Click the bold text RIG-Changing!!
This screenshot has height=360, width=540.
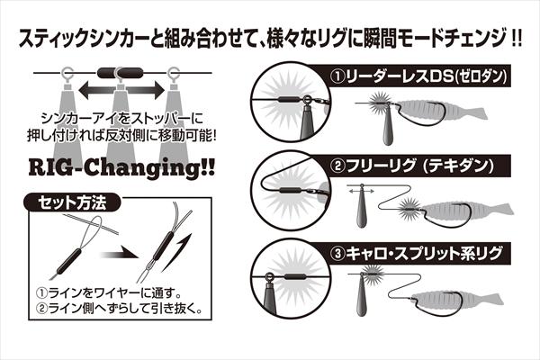pos(121,168)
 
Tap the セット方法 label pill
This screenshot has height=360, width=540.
pos(72,202)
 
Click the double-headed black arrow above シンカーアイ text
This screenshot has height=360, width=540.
pos(121,90)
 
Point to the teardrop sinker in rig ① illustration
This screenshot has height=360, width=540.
pos(389,128)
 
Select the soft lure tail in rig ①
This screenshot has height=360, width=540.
pos(478,113)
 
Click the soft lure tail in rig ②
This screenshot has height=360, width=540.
pos(503,210)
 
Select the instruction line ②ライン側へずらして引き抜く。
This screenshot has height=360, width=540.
pos(119,309)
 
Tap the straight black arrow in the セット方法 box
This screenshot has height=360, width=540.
pos(119,256)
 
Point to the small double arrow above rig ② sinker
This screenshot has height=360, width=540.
pos(361,191)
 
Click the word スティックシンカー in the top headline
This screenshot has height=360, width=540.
pos(84,39)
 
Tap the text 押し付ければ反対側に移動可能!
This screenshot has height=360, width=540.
pos(122,136)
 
